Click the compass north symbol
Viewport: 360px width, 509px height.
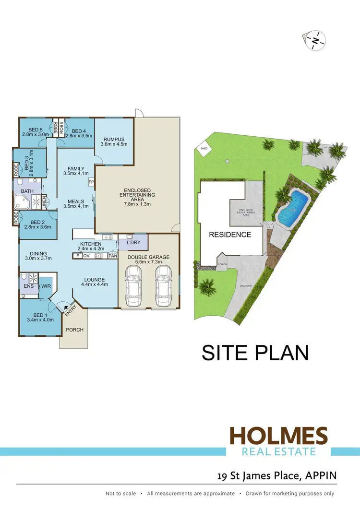[x=314, y=41]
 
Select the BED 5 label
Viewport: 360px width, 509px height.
[x=36, y=130]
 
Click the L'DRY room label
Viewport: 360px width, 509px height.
[x=132, y=243]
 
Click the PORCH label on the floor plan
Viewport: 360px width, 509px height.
[x=74, y=330]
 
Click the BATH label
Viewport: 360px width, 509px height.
[x=27, y=191]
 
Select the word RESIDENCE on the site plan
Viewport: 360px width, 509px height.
[x=230, y=235]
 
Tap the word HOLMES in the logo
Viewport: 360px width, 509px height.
[x=278, y=436]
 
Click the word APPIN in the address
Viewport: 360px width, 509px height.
[x=320, y=476]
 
